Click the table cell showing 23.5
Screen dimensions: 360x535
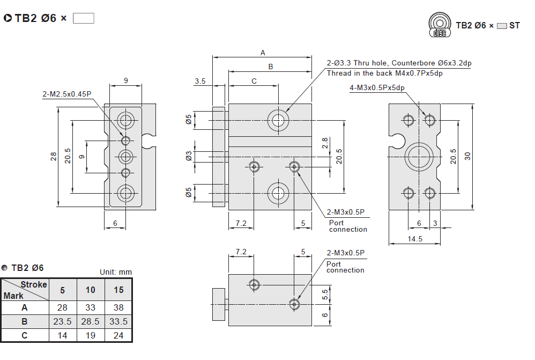pos(63,321)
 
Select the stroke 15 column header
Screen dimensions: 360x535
pos(118,290)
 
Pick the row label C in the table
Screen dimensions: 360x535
pos(24,335)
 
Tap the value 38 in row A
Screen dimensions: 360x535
pos(118,307)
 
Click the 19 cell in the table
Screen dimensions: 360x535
pos(91,335)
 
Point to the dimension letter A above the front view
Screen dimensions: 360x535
pos(263,53)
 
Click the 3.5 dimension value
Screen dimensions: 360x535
pos(200,81)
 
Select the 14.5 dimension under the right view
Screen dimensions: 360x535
pos(414,239)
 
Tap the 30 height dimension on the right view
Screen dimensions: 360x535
pos(467,156)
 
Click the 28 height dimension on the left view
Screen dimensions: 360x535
pos(54,156)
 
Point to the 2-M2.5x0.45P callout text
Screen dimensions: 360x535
pos(67,94)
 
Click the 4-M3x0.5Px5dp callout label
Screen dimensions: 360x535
pos(377,87)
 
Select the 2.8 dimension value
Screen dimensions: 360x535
pos(325,142)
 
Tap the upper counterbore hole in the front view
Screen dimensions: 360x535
pos(278,119)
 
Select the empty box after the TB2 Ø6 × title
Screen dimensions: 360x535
pos(83,18)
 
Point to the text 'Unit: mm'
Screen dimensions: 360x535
pos(116,272)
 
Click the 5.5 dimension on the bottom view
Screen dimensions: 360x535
pos(325,293)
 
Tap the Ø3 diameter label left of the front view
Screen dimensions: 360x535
pos(189,156)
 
